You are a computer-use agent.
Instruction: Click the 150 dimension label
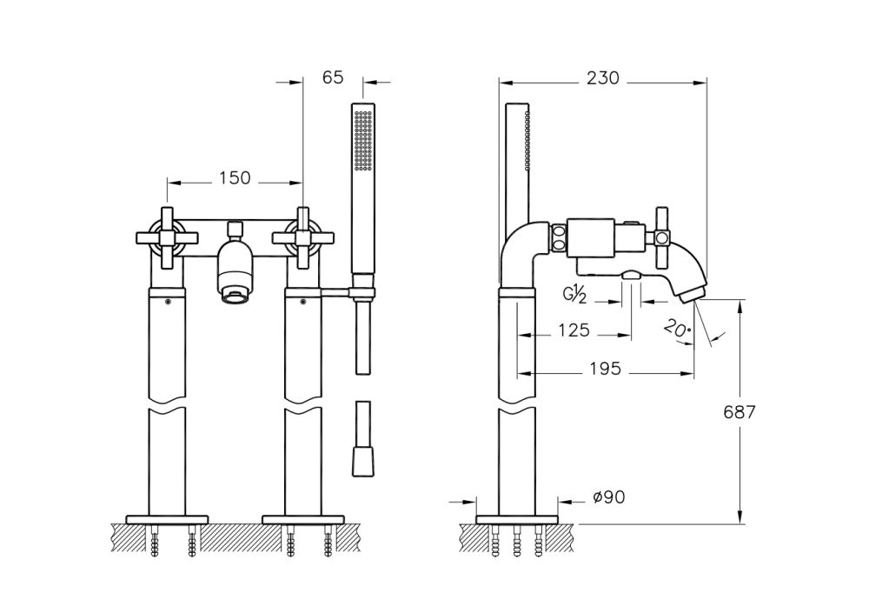(235, 178)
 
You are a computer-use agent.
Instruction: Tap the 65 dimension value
(333, 77)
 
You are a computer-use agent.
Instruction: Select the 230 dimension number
(603, 77)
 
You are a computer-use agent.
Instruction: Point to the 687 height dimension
(740, 412)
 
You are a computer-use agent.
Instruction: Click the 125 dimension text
(574, 330)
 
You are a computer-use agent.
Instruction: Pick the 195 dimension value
(605, 369)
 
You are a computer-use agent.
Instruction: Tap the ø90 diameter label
(608, 497)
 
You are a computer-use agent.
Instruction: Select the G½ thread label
(575, 295)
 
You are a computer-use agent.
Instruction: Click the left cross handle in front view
(167, 237)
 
